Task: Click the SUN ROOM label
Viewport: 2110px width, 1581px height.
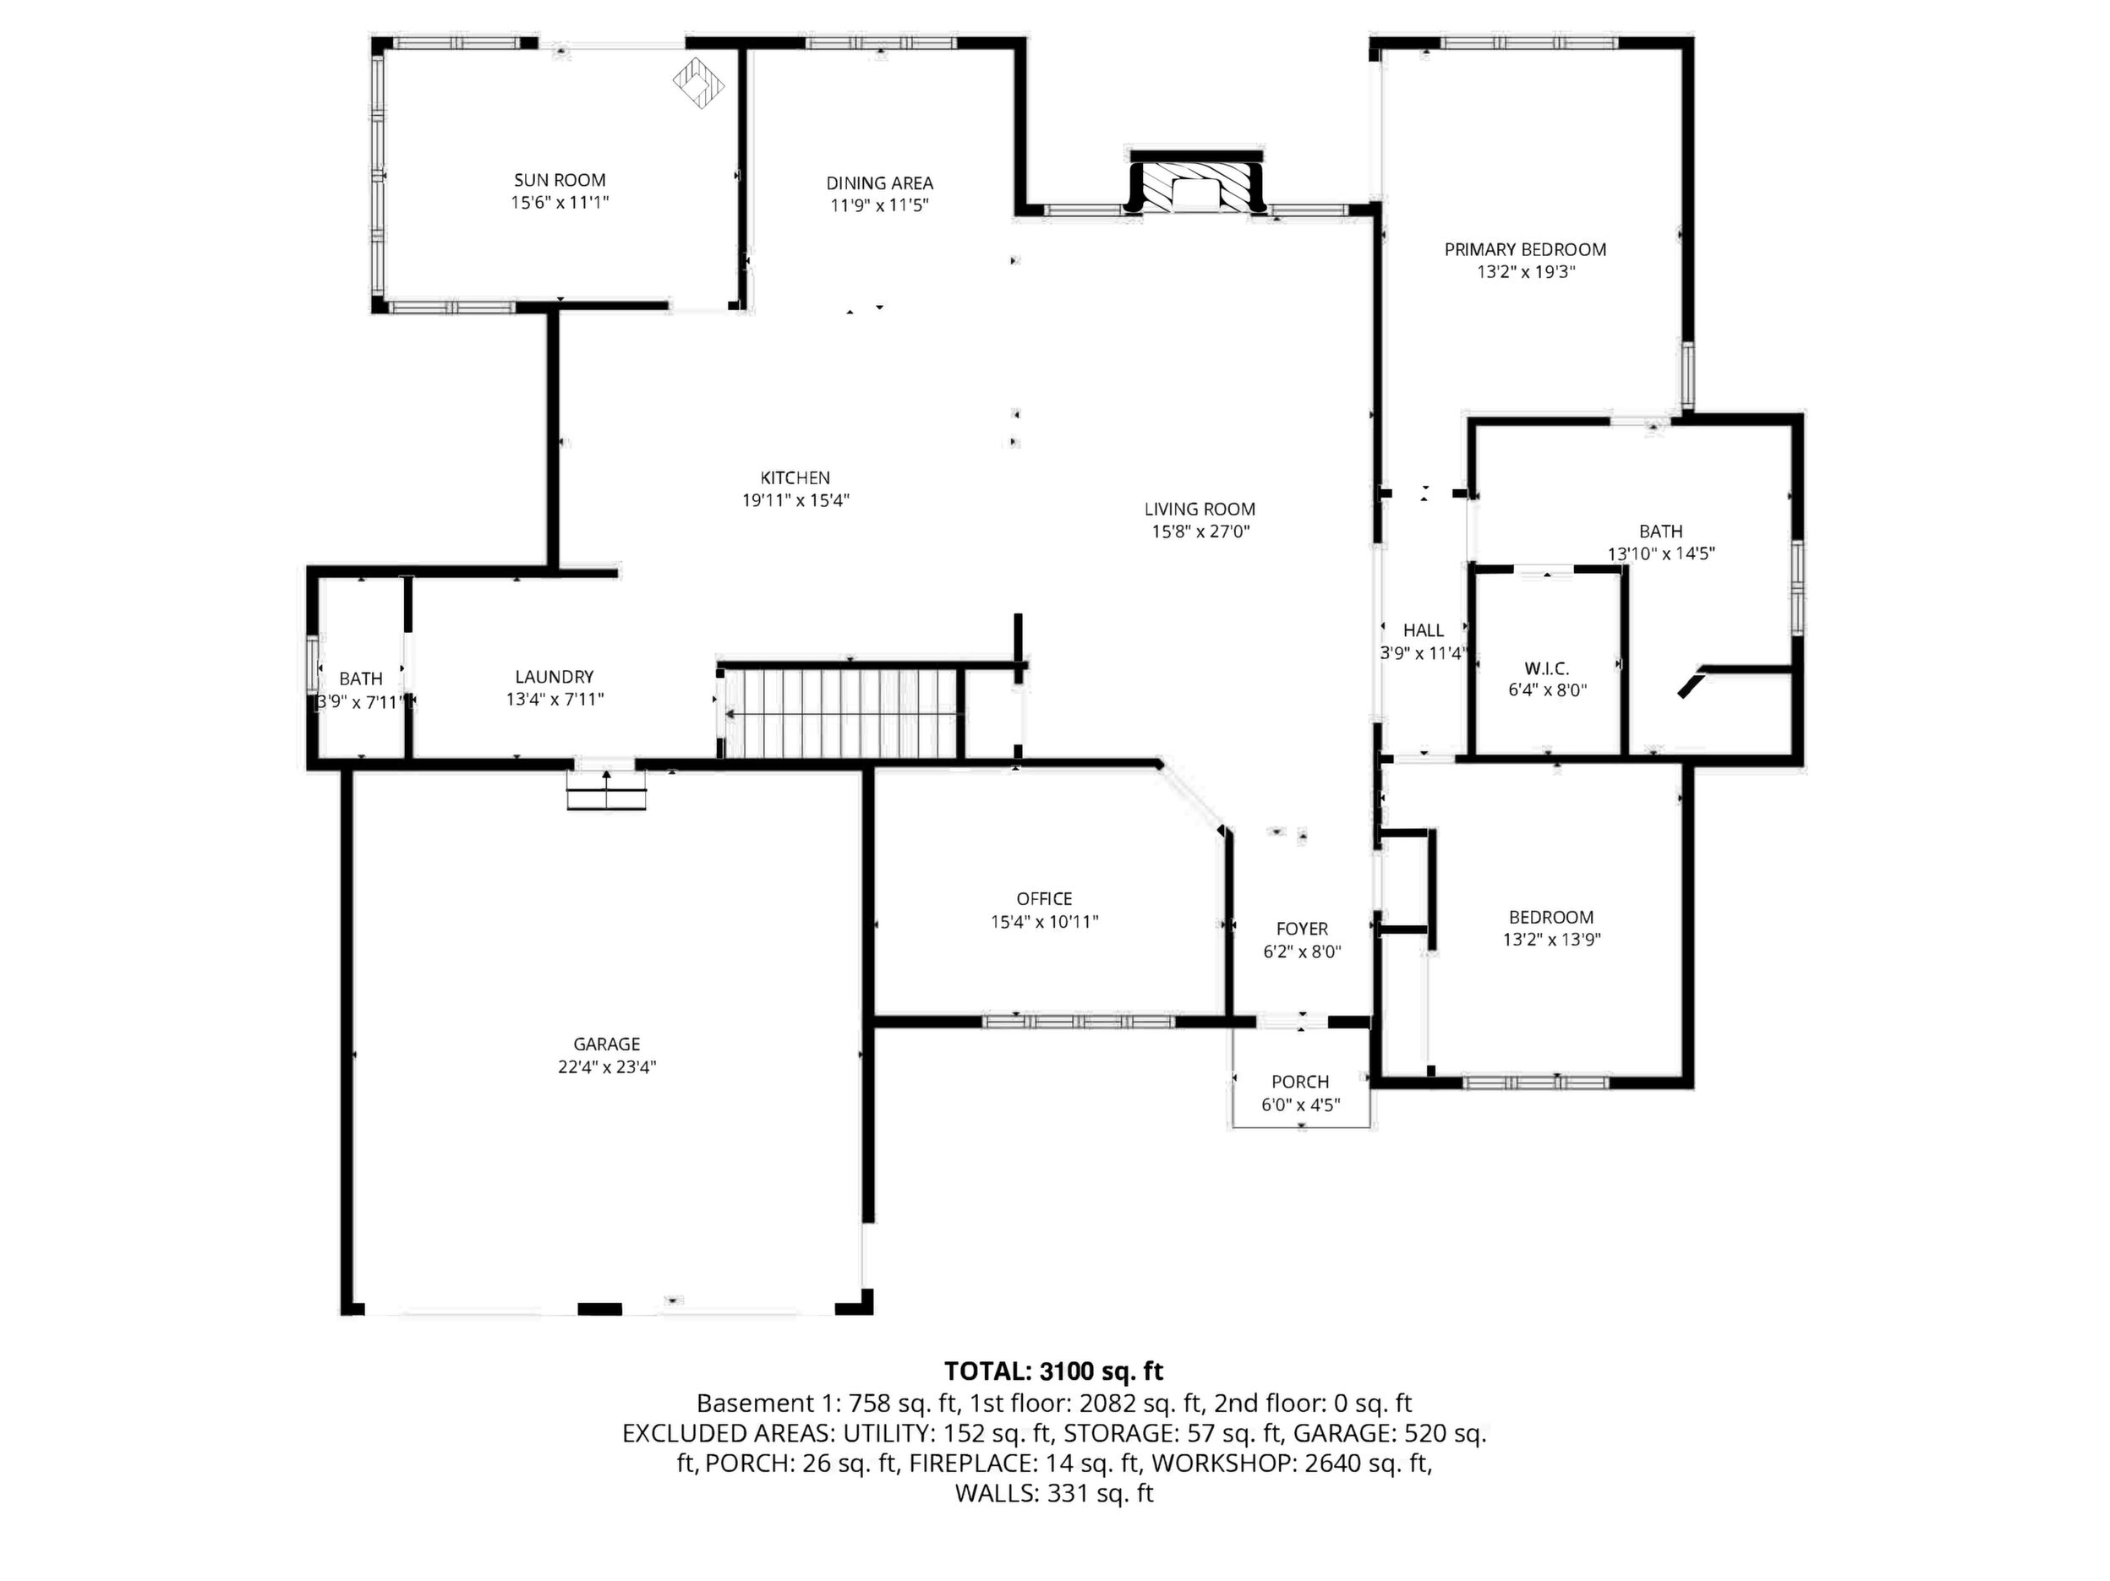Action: point(560,180)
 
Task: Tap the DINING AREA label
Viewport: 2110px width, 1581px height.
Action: point(879,183)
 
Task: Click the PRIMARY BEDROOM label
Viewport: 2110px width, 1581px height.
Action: point(1525,250)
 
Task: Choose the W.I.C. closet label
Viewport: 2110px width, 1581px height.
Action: point(1547,668)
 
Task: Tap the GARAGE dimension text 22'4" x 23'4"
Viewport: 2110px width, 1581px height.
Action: point(607,1067)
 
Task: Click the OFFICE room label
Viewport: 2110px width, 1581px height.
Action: point(1045,899)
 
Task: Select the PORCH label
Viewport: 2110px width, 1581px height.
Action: point(1300,1082)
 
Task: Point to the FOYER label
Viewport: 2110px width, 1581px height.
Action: point(1302,929)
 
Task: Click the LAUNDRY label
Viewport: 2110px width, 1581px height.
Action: point(555,677)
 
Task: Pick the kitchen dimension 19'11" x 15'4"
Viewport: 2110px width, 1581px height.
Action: point(795,500)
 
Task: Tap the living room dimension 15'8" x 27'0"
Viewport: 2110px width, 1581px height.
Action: point(1200,532)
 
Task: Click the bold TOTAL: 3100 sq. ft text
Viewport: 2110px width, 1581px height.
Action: point(1054,1371)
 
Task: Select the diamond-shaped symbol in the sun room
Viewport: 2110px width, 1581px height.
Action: point(699,84)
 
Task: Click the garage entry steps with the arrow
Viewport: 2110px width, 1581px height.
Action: point(607,788)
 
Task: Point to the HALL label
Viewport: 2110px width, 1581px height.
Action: point(1424,630)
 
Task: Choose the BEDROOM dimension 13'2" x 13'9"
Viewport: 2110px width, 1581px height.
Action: point(1551,940)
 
